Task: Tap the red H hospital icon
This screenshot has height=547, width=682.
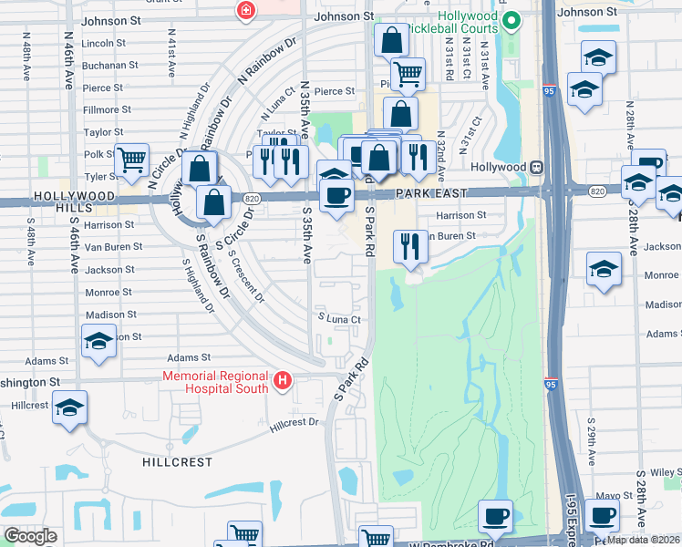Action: (283, 380)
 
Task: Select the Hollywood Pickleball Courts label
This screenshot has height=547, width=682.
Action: (468, 23)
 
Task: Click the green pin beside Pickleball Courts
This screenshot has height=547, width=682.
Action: (511, 18)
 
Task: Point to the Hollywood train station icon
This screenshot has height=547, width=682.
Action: (538, 168)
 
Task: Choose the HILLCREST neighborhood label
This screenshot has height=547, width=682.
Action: (177, 462)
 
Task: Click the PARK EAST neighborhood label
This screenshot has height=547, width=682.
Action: (431, 193)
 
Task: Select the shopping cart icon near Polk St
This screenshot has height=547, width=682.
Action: (132, 160)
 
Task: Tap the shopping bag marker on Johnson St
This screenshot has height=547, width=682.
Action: (391, 40)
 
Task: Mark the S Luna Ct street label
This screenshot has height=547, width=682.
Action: (339, 319)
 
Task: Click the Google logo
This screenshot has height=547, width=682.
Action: (30, 536)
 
